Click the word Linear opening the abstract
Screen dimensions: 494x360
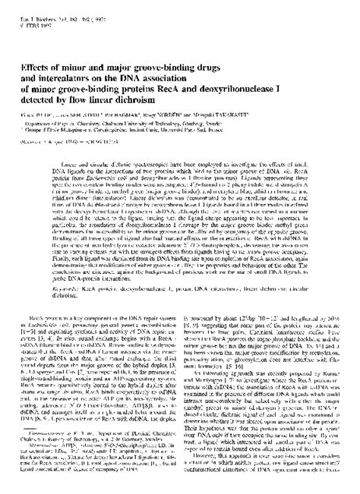(x=68, y=142)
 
